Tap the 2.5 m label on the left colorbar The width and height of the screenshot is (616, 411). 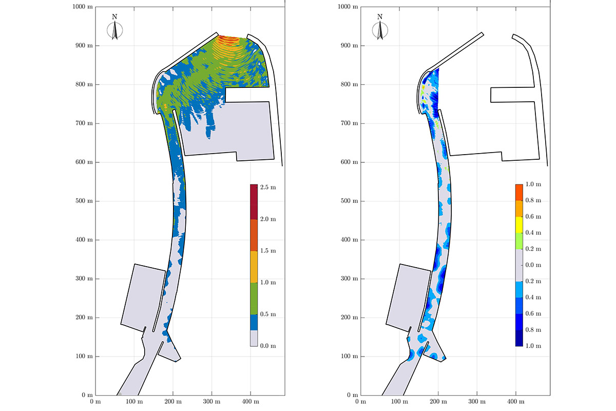[268, 188]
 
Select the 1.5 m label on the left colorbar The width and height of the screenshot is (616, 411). [268, 251]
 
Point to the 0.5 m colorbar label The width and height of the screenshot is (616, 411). [268, 314]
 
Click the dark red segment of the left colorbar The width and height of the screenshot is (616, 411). [254, 202]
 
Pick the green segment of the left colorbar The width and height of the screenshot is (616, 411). [254, 298]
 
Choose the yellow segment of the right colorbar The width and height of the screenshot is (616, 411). [519, 225]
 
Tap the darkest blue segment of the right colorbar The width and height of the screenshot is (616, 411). [519, 338]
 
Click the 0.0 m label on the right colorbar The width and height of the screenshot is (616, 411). [533, 265]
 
